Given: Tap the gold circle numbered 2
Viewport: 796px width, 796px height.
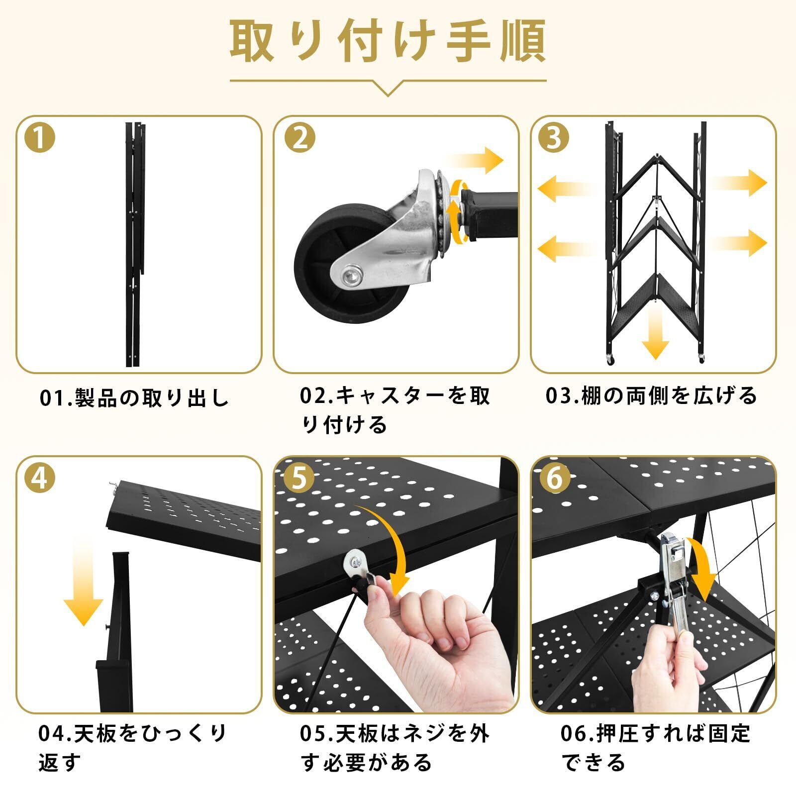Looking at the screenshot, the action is click(300, 138).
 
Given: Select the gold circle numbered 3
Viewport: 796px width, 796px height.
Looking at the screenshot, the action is click(554, 138).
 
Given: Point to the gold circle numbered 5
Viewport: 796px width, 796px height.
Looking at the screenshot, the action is click(300, 479).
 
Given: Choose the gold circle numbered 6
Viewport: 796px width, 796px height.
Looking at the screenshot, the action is click(554, 479).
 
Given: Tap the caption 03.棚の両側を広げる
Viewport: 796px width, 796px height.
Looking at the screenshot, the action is click(652, 396).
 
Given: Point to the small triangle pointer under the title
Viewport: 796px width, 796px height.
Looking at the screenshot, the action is click(388, 88).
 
